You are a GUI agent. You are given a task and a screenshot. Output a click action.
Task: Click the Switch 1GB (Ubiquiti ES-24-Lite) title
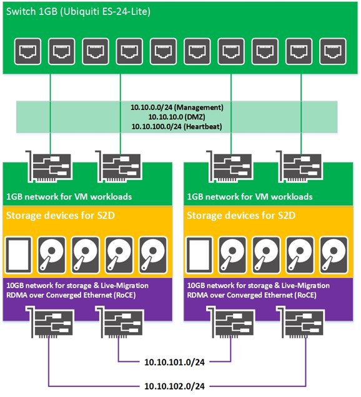(78, 12)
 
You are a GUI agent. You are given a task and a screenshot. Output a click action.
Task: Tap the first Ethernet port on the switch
(27, 51)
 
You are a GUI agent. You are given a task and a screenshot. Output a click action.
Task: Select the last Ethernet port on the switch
(333, 51)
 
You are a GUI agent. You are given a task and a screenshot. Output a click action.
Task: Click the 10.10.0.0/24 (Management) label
(177, 108)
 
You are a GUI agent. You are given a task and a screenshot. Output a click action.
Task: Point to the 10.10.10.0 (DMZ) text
(177, 117)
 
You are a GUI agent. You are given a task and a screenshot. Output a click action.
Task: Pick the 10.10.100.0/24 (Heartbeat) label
(177, 126)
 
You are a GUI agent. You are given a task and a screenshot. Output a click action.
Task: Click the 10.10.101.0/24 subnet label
(174, 362)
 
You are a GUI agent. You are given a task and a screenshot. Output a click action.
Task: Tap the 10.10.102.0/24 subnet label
(174, 386)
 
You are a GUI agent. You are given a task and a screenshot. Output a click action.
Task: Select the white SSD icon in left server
(19, 255)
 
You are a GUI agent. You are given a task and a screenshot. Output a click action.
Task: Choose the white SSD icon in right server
(199, 255)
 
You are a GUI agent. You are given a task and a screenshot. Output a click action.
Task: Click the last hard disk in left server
(153, 255)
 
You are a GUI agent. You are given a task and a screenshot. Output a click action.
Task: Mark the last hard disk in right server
(334, 255)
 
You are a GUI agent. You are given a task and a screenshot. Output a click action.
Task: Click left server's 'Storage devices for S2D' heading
(61, 216)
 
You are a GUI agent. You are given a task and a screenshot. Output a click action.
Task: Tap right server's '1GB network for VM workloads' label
(250, 197)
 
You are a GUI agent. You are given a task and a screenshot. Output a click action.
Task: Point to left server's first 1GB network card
(49, 166)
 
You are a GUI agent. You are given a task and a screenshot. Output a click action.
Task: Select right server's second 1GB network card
(299, 166)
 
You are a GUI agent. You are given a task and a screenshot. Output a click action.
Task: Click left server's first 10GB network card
(50, 322)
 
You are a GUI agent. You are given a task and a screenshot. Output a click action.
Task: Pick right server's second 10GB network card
(300, 322)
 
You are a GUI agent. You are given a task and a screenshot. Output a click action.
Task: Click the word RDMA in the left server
(17, 295)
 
